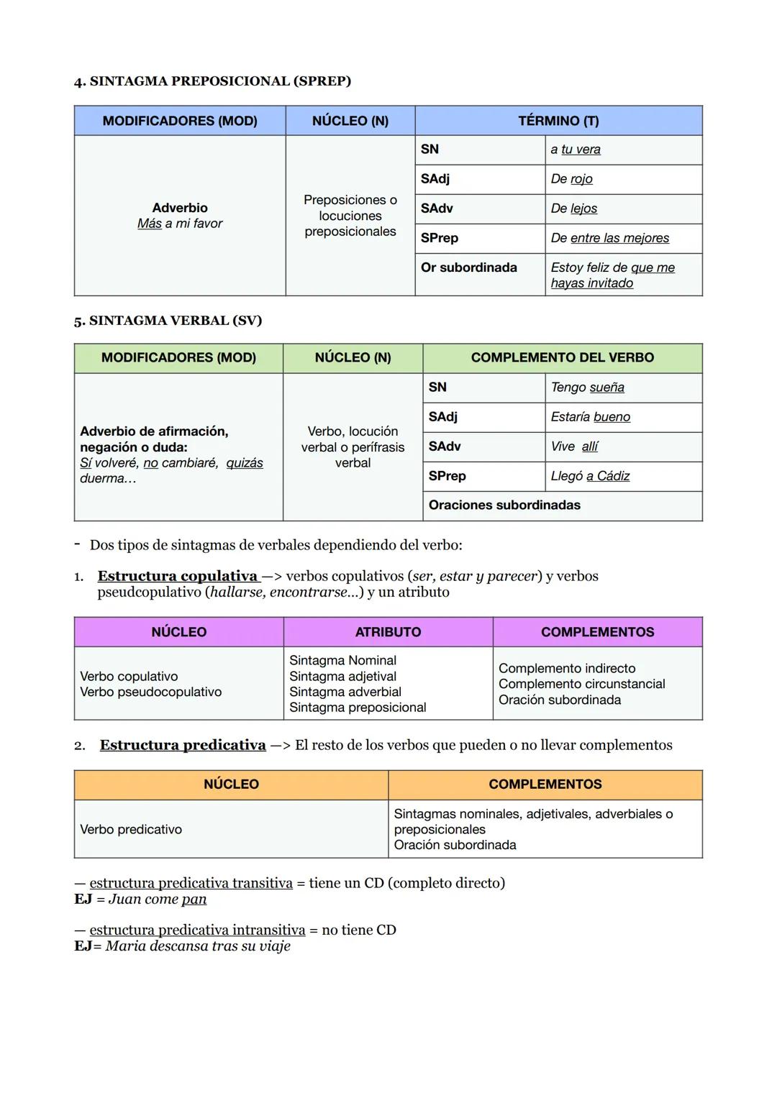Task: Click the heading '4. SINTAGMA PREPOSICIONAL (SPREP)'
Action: point(212,81)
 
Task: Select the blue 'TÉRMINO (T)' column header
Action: point(558,121)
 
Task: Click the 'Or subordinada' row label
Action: point(468,267)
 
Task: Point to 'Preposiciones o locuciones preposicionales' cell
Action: point(350,216)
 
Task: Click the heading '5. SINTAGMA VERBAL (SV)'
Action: point(168,321)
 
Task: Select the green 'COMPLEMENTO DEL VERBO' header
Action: point(562,357)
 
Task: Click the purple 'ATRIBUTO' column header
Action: point(388,632)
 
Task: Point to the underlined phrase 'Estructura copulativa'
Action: point(178,576)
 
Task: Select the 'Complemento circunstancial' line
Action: point(581,684)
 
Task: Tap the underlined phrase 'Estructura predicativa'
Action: point(183,745)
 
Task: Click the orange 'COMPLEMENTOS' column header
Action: point(545,784)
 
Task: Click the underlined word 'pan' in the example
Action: point(194,899)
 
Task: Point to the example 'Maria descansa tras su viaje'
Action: point(198,946)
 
